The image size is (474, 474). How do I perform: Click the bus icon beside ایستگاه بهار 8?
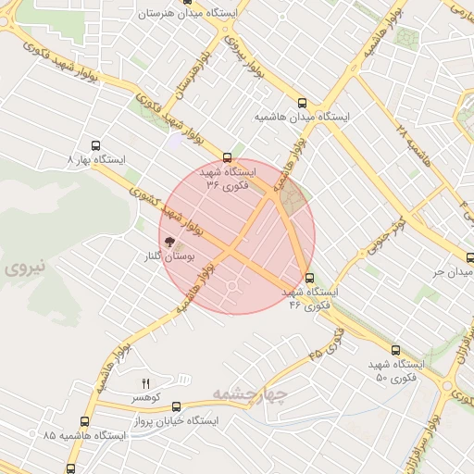point(94,145)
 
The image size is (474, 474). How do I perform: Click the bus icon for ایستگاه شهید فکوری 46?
point(309,277)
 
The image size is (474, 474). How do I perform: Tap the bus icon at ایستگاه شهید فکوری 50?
point(396,350)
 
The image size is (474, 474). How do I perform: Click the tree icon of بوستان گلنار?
point(169,242)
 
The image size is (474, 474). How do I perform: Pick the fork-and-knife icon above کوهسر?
point(144,383)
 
